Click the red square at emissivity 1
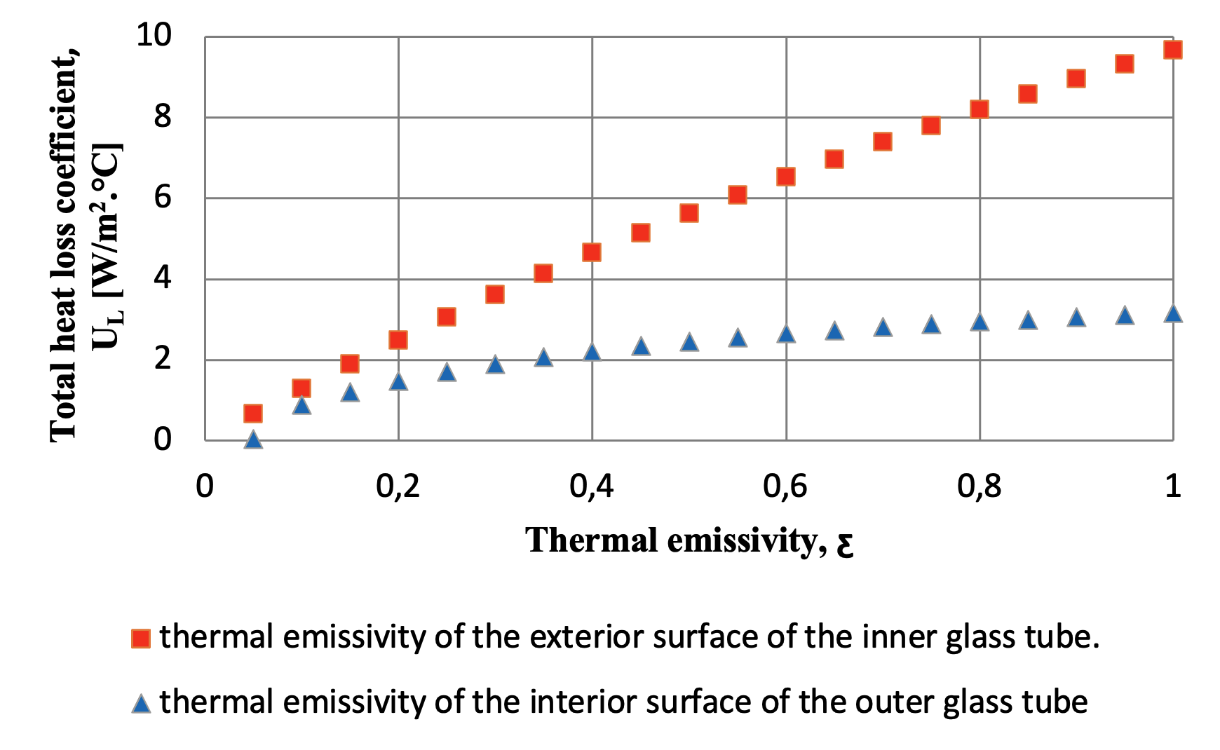[x=1172, y=50]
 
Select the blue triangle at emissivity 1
[x=1172, y=314]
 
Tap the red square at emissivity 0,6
[x=785, y=177]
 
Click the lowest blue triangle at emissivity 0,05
[x=253, y=440]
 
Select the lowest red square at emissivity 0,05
[x=253, y=414]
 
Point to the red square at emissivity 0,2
[x=398, y=341]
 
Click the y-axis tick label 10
[x=153, y=35]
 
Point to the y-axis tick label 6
[x=162, y=198]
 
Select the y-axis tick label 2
[x=162, y=359]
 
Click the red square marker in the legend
[x=141, y=639]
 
